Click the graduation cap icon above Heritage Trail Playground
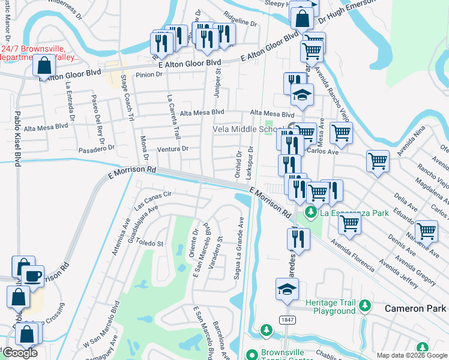287,289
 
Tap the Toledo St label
151,243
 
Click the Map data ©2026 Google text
411,355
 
